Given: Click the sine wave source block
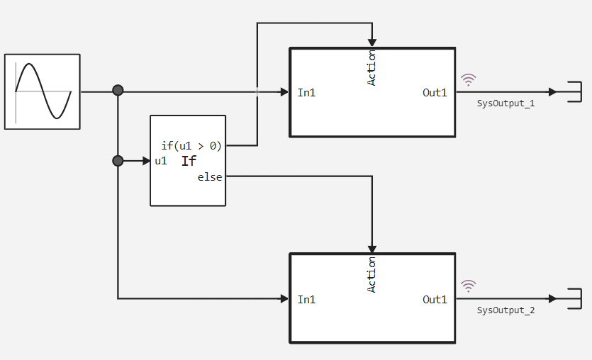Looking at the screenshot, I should coord(43,92).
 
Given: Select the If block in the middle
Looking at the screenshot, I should coord(188,161).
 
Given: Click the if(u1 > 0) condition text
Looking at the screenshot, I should coord(191,146).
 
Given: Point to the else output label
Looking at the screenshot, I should coord(210,177).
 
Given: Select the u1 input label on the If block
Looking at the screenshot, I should coord(161,161).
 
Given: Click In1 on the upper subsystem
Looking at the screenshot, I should coord(306,92).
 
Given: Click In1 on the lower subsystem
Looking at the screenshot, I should coord(306,299).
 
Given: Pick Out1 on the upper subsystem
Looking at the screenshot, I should coord(435,92).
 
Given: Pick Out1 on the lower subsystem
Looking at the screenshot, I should coord(435,299).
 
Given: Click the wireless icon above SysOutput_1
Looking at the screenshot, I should coord(469,79).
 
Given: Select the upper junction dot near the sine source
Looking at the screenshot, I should coord(118,90).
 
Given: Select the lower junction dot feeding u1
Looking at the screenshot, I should coord(118,161).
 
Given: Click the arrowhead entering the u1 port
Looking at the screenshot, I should coord(147,161).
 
